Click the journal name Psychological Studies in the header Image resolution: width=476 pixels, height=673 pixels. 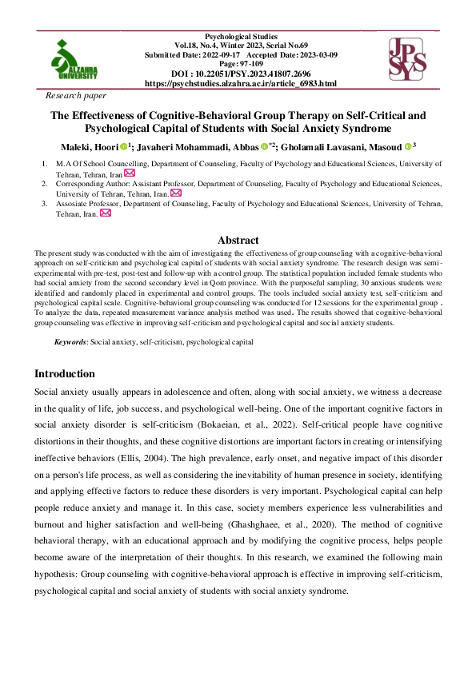point(242,37)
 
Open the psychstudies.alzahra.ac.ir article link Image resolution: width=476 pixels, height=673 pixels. point(241,83)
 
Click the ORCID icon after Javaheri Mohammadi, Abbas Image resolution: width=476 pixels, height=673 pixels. point(263,146)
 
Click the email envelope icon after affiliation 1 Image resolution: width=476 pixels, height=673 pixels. point(130,173)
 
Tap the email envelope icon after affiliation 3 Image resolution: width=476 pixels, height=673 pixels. point(105,213)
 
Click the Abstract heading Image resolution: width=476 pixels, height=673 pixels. point(238,240)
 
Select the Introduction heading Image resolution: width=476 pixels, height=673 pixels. point(65,373)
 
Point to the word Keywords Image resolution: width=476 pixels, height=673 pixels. point(70,341)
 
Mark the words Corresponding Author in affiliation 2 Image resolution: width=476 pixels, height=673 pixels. point(92,183)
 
